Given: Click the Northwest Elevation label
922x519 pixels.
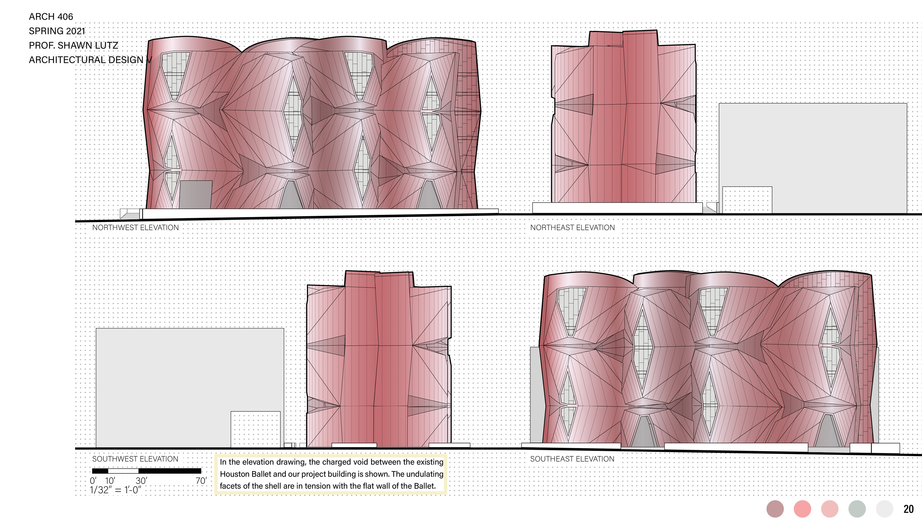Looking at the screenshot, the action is click(135, 228).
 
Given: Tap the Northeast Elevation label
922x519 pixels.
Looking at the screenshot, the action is click(572, 228).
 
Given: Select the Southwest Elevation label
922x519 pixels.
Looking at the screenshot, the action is click(135, 459).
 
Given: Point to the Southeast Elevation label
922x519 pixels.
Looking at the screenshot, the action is click(572, 459).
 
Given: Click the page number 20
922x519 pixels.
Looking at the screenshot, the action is click(908, 509).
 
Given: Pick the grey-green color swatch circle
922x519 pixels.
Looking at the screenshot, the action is click(857, 509).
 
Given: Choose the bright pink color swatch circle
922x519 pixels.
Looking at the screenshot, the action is click(802, 509).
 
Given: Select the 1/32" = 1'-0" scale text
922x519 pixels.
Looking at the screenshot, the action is click(115, 490).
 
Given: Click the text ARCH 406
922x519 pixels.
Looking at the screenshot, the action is click(51, 17).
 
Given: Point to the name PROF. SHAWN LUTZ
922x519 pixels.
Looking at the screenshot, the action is click(73, 45).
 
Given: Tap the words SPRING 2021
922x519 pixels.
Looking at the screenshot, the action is click(57, 31).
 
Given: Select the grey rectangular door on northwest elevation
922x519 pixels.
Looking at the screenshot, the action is click(195, 194).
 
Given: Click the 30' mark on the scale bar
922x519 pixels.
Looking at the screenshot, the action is click(141, 481).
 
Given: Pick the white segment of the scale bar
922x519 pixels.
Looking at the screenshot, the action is click(123, 471).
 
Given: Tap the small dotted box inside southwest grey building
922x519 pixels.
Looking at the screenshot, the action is click(255, 429).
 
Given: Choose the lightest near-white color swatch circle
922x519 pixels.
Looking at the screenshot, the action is click(884, 509).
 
